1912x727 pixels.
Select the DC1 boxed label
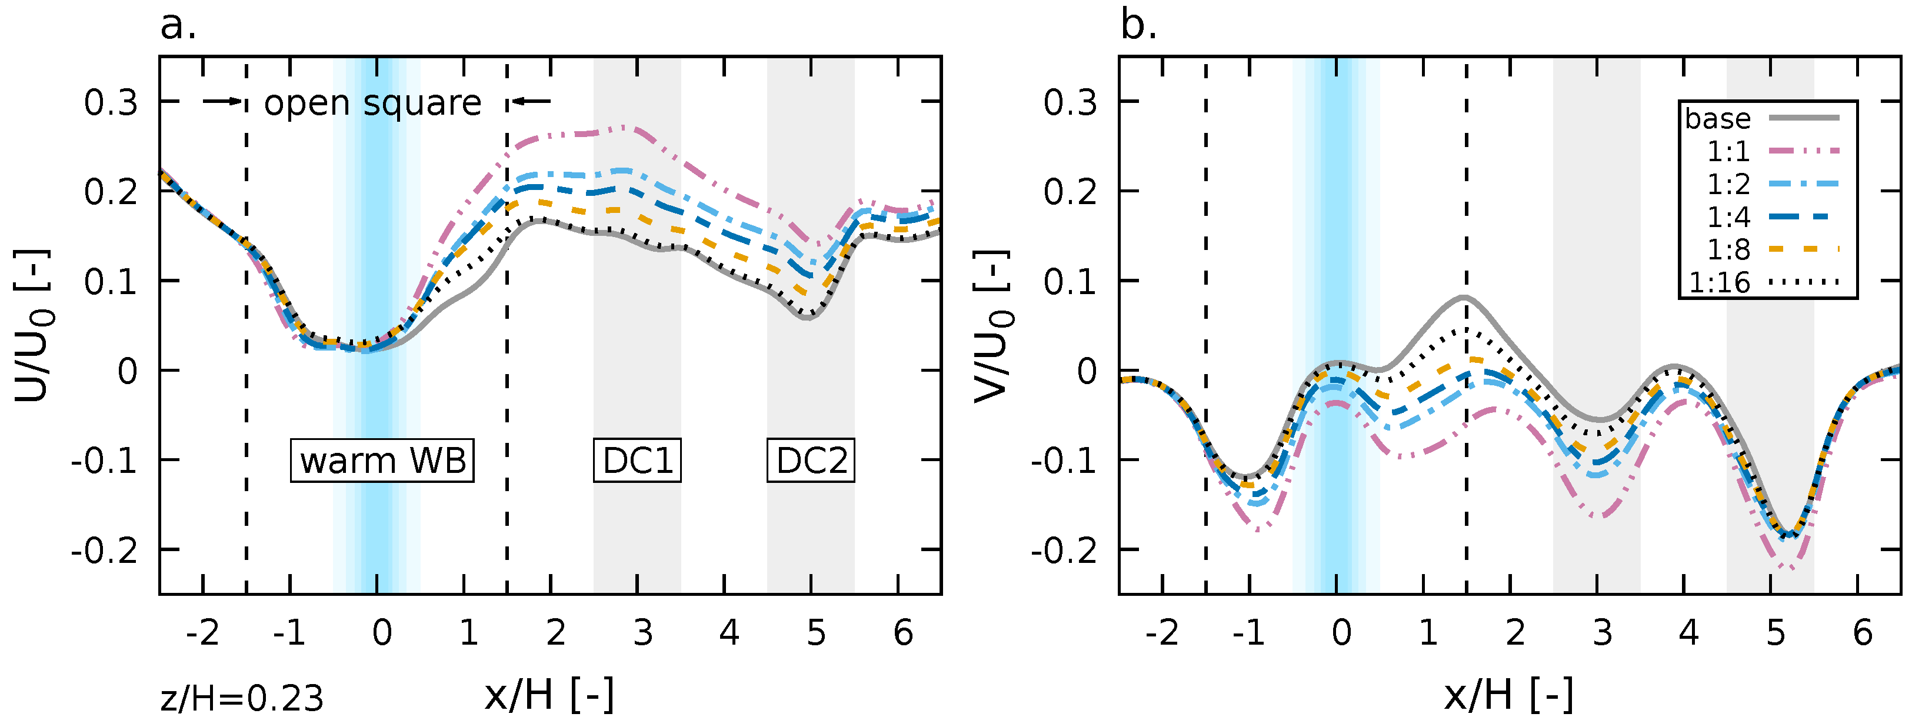pyautogui.click(x=637, y=461)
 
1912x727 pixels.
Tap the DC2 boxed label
pyautogui.click(x=811, y=461)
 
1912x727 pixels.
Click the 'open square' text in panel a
pyautogui.click(x=372, y=103)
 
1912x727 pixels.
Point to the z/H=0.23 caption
pyautogui.click(x=242, y=698)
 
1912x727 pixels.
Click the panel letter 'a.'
pyautogui.click(x=178, y=26)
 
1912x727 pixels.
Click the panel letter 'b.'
pyautogui.click(x=1138, y=26)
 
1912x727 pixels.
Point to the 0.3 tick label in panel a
pyautogui.click(x=111, y=102)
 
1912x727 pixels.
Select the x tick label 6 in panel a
pyautogui.click(x=902, y=633)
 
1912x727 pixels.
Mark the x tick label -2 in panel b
pyautogui.click(x=1161, y=633)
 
